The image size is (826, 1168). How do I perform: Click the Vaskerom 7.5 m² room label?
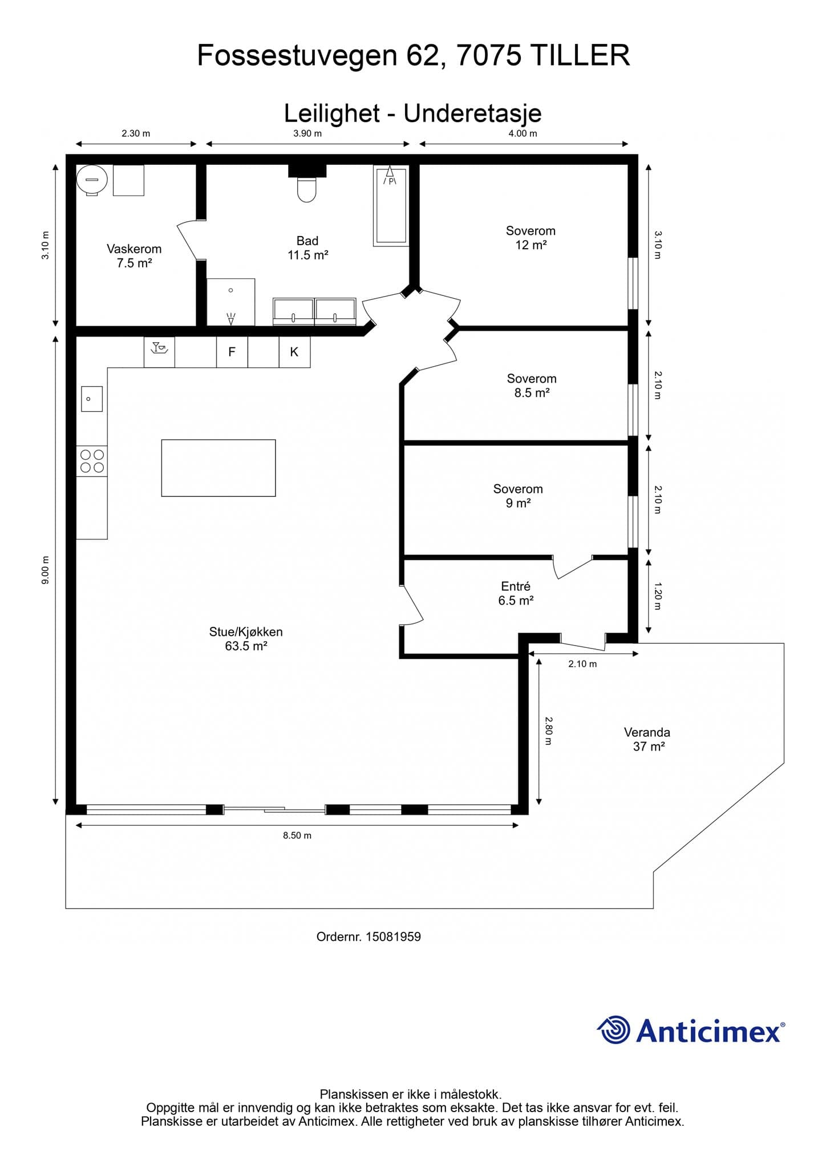point(134,255)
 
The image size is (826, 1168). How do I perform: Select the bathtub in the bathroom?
point(391,206)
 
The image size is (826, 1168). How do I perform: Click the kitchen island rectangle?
point(218,468)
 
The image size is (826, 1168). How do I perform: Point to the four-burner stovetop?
point(92,461)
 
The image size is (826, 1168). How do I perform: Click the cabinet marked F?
point(232,352)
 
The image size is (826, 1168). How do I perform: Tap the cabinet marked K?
point(294,352)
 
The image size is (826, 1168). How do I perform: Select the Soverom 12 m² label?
point(531,238)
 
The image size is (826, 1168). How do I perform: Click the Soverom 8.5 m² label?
point(532,386)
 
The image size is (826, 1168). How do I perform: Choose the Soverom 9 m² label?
point(518,496)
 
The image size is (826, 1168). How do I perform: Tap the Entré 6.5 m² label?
point(516,593)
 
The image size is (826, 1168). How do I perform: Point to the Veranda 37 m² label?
point(647,739)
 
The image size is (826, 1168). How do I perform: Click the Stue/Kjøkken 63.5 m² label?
point(246,639)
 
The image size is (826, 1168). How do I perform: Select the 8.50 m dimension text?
point(297,836)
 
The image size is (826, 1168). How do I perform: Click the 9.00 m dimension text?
point(46,570)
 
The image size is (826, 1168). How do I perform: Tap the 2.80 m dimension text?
point(548,731)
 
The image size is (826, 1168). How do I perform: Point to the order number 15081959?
point(393,936)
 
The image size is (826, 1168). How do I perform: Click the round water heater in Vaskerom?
point(92,180)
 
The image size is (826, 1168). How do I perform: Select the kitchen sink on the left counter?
point(92,399)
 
